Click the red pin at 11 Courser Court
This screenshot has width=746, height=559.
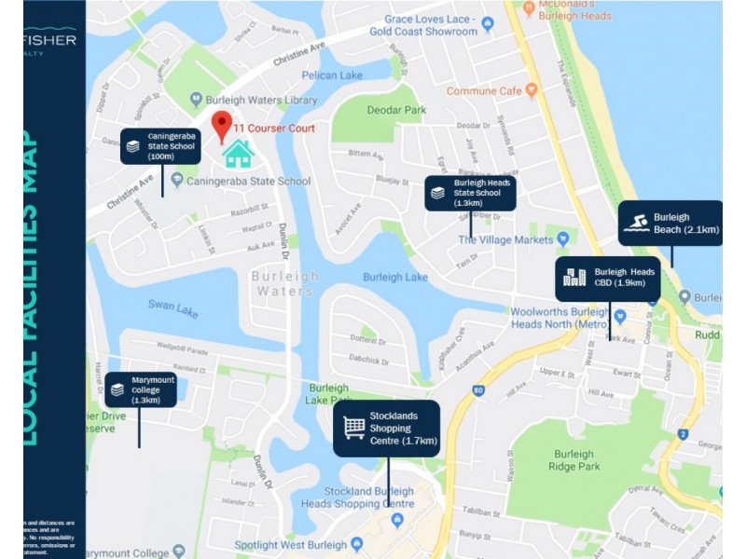pyautogui.click(x=222, y=124)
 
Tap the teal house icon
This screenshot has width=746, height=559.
pyautogui.click(x=239, y=154)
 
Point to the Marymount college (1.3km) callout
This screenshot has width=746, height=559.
pyautogui.click(x=140, y=389)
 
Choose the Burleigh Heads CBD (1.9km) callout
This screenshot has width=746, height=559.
pyautogui.click(x=608, y=278)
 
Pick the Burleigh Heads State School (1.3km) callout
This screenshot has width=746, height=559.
pyautogui.click(x=470, y=193)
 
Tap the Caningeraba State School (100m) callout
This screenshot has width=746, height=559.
pyautogui.click(x=161, y=145)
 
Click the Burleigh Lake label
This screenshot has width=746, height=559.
pyautogui.click(x=395, y=277)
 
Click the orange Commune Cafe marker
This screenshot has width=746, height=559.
pyautogui.click(x=532, y=91)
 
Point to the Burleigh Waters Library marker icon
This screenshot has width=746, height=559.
pyautogui.click(x=196, y=98)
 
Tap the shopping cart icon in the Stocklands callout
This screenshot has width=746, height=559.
pyautogui.click(x=354, y=428)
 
